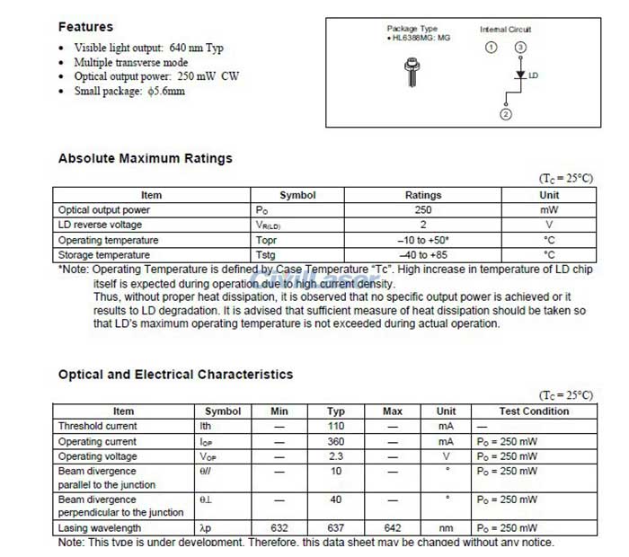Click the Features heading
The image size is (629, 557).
pos(85,27)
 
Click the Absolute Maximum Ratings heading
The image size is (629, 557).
pos(145,158)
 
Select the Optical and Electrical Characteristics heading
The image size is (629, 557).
pos(175,374)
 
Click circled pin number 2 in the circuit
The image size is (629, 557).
pos(505,114)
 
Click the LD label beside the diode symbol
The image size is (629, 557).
pos(533,75)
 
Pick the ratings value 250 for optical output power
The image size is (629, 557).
pos(423,209)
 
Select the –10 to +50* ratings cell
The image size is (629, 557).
pos(423,240)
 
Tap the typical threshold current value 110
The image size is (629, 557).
pos(336,426)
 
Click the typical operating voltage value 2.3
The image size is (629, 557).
pos(336,456)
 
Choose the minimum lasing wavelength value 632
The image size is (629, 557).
pos(279,528)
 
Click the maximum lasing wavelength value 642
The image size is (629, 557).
pos(392,528)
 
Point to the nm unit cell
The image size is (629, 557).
pos(447,528)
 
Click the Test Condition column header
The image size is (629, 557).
pos(534,411)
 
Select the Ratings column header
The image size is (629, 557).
pos(423,195)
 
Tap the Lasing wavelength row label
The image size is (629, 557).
pos(99,528)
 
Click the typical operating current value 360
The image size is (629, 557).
pos(336,441)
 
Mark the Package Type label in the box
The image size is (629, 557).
pos(412,29)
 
